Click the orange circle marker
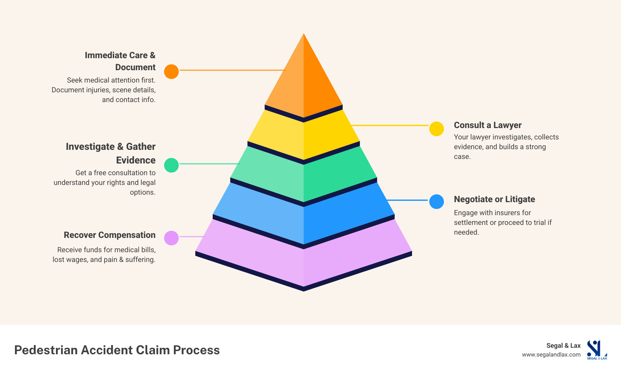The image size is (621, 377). click(171, 71)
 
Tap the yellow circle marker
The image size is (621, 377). click(436, 129)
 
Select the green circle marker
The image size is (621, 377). click(171, 165)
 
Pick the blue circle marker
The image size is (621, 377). click(436, 201)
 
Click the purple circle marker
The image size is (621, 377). click(171, 238)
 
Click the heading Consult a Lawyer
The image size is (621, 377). click(487, 125)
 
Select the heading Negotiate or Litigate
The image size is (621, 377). click(494, 199)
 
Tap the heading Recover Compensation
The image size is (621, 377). click(110, 235)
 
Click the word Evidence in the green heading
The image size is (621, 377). click(136, 160)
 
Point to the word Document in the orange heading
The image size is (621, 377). click(135, 67)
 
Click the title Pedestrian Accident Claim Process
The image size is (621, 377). click(117, 350)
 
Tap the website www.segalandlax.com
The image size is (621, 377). click(551, 355)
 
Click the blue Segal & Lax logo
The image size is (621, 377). click(596, 350)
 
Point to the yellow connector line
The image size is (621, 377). click(390, 125)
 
